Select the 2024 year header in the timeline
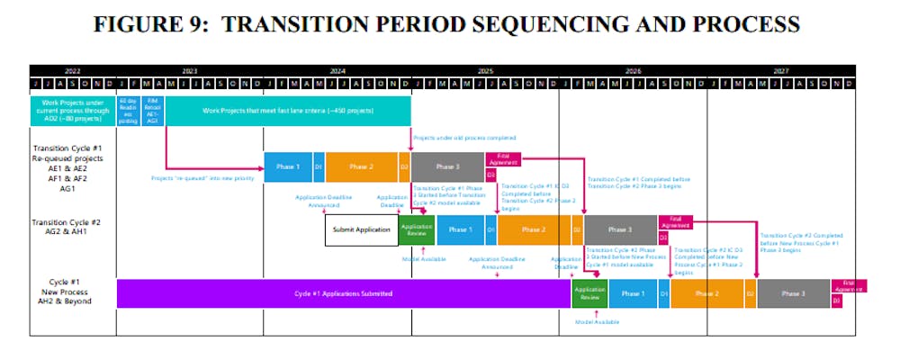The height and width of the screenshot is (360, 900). click(x=337, y=70)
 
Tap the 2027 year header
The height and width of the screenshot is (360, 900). click(x=780, y=70)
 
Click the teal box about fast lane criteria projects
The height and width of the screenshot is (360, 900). click(x=288, y=111)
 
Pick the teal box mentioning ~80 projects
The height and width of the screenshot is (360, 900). click(x=72, y=111)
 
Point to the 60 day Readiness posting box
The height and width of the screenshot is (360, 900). click(x=129, y=111)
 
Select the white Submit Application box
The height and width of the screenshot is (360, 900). click(x=361, y=229)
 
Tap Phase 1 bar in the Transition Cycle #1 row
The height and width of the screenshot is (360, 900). click(x=288, y=166)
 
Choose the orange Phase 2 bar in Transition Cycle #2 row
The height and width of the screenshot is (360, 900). click(x=534, y=229)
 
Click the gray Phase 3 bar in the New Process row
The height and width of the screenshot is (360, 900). click(x=793, y=293)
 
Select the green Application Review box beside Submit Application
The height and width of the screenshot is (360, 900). click(x=417, y=229)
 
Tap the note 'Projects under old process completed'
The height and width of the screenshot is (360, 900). click(x=464, y=138)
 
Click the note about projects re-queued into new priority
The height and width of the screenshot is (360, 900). click(x=202, y=178)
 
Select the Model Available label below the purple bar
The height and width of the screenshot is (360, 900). click(x=596, y=321)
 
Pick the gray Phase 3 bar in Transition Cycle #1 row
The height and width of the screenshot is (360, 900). click(x=447, y=166)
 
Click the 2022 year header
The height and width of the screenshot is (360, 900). click(x=73, y=70)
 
